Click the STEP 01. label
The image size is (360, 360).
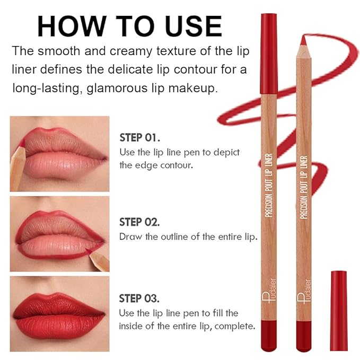(x=139, y=138)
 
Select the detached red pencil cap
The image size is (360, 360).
(x=338, y=310)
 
